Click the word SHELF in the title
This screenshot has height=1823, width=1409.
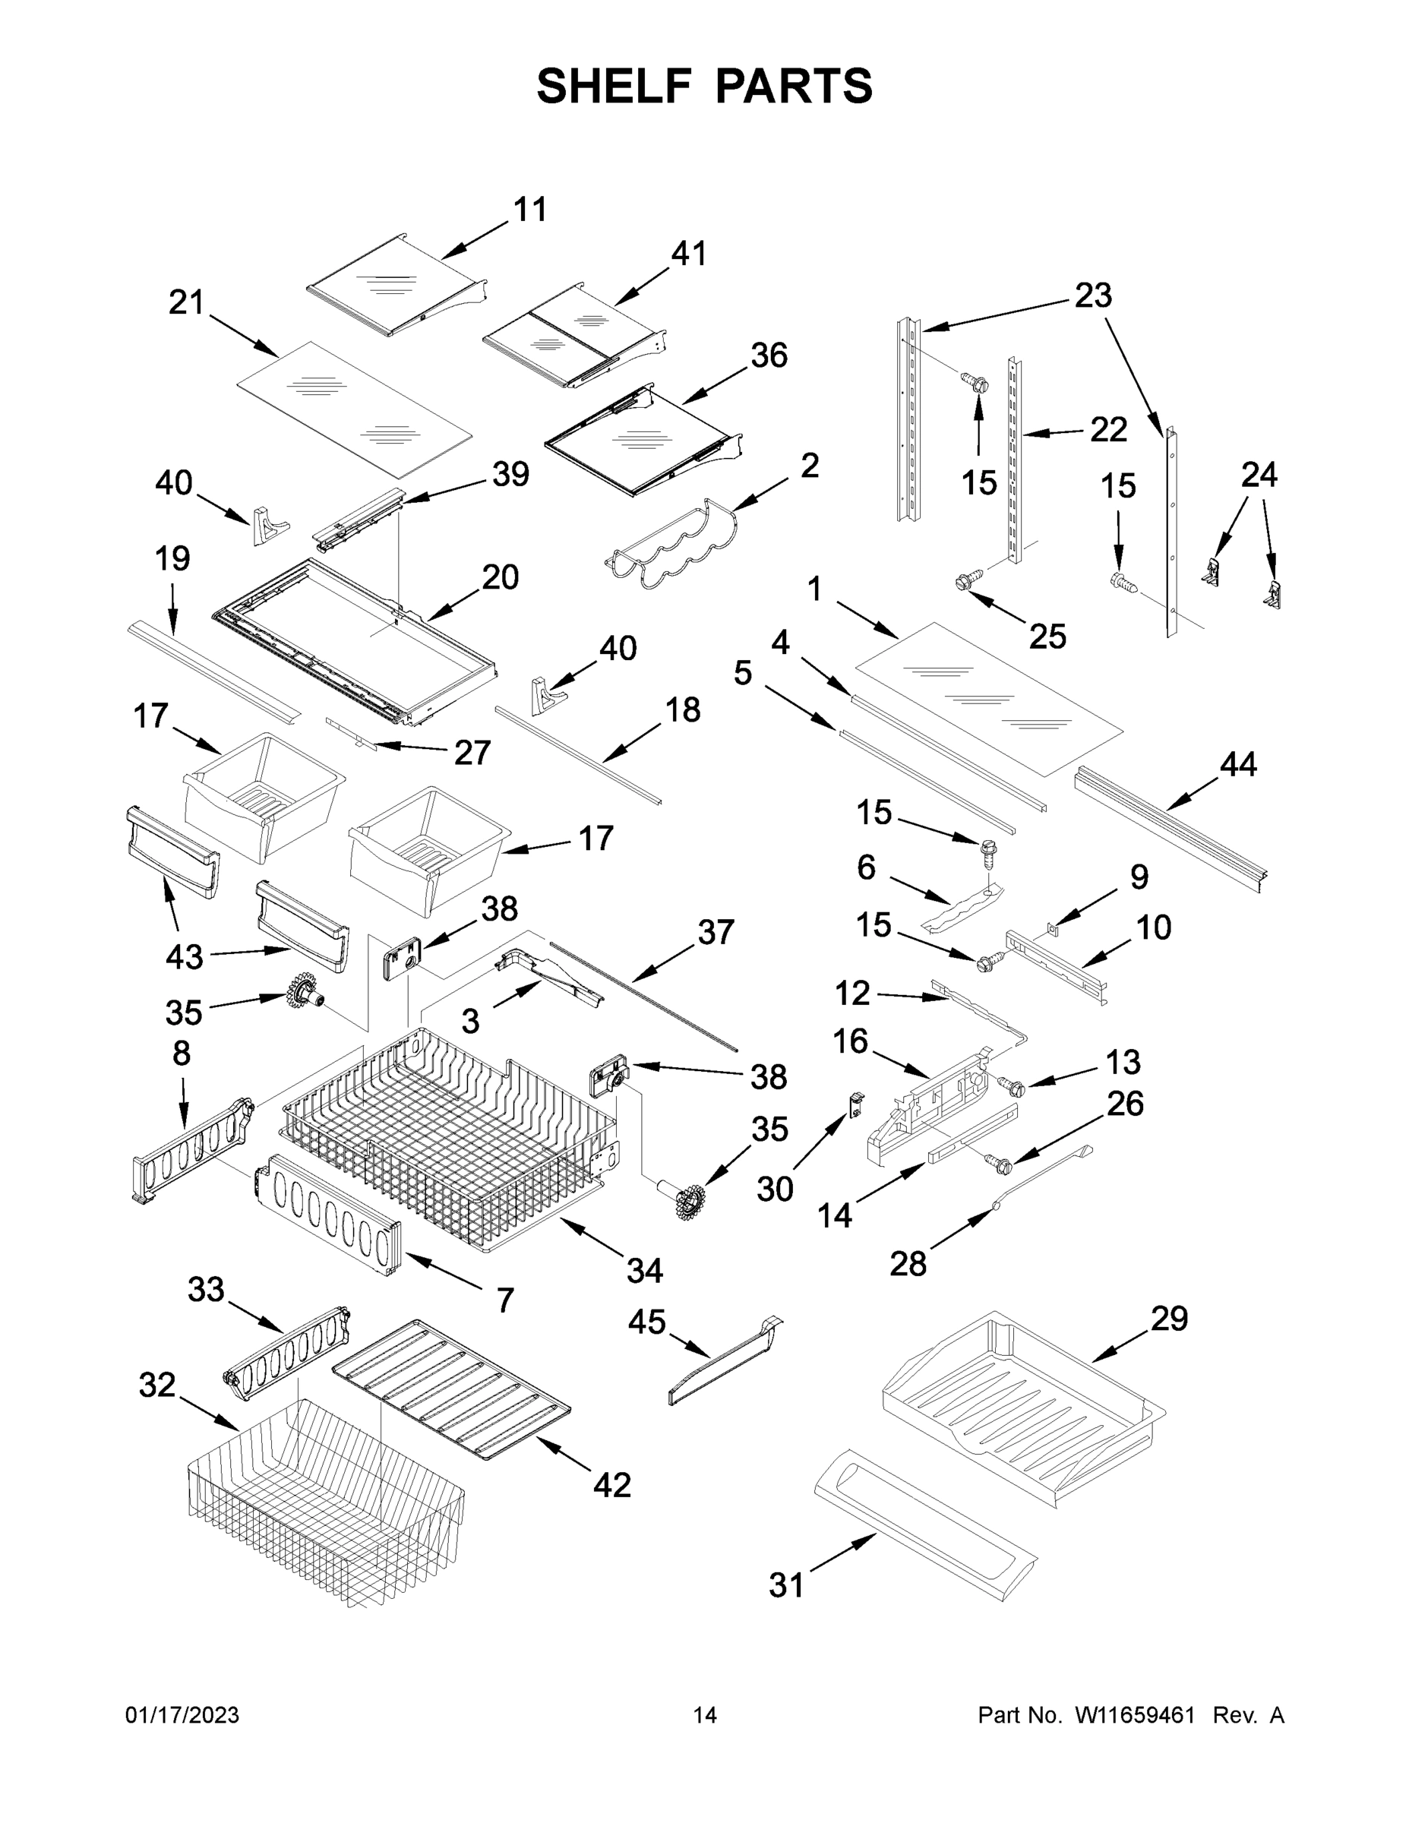(614, 87)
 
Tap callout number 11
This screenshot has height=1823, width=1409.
(530, 210)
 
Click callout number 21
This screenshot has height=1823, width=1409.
(186, 302)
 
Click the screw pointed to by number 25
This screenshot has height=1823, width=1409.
(965, 581)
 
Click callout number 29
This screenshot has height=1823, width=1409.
(1169, 1319)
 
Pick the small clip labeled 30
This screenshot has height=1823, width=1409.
(855, 1106)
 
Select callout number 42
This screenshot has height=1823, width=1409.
(612, 1485)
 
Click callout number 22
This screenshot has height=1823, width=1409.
(1108, 430)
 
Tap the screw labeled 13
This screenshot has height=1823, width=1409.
(1013, 1086)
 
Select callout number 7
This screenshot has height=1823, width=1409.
(505, 1300)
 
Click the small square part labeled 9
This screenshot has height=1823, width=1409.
(1052, 926)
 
